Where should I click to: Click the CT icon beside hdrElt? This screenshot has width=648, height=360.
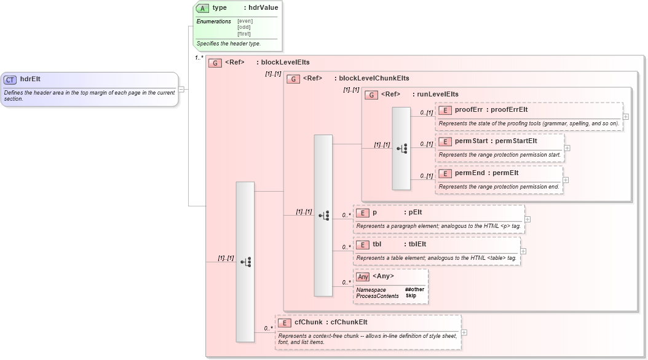[x=10, y=79]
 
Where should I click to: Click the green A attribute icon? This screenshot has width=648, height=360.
[x=202, y=8]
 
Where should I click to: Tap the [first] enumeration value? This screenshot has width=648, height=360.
[x=245, y=33]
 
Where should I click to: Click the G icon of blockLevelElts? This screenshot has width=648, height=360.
[x=215, y=62]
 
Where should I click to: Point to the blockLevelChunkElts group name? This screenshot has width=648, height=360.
[x=374, y=79]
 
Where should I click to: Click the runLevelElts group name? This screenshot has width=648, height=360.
[x=438, y=94]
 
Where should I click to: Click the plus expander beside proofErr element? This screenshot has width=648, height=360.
[x=625, y=116]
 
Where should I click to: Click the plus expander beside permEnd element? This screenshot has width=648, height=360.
[x=566, y=180]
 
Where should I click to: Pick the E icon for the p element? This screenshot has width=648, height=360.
[x=362, y=213]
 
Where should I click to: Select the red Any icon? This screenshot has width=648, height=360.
[x=363, y=276]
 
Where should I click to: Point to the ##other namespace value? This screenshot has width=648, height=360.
[x=414, y=289]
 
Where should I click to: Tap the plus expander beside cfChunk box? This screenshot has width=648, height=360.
[x=464, y=332]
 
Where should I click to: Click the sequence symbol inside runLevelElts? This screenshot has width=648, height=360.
[x=401, y=149]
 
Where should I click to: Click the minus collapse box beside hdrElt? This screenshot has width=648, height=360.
[x=181, y=89]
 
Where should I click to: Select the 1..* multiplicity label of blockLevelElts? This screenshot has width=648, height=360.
[x=199, y=58]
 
